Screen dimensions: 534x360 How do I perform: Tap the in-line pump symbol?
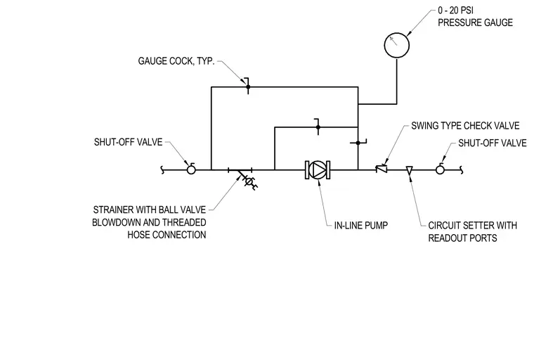[318, 169]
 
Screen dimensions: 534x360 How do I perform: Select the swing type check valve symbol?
[382, 169]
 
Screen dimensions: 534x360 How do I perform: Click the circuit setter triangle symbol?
[410, 170]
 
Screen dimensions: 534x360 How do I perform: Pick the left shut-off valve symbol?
[191, 169]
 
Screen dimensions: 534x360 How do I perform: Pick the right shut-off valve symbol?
[440, 169]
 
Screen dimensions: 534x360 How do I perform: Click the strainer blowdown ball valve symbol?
[249, 181]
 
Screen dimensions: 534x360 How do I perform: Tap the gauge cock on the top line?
[248, 86]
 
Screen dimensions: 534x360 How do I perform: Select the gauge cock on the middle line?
[318, 127]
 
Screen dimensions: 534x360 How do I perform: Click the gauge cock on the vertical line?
[358, 143]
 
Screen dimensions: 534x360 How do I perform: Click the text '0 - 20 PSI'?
[455, 11]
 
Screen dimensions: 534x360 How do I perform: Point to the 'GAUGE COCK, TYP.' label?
[176, 61]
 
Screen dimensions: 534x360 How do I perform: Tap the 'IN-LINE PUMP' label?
[361, 225]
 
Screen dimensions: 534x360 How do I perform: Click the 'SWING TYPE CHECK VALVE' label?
[465, 126]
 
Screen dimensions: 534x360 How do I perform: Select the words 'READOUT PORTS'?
[462, 238]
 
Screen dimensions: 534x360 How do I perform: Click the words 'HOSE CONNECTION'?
[167, 235]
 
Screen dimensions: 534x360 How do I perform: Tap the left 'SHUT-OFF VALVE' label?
[128, 142]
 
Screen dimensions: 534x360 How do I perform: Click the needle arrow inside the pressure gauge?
[393, 41]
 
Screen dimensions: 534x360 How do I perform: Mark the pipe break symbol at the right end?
[462, 169]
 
